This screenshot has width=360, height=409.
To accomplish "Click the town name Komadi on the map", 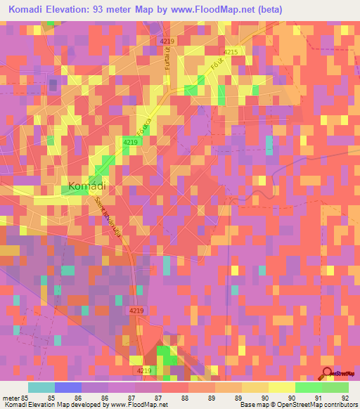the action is (88, 186).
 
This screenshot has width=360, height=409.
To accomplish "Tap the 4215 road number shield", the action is (231, 53).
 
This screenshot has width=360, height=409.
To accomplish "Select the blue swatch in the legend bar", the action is (67, 387).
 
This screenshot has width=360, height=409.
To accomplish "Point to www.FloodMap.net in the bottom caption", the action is (137, 405).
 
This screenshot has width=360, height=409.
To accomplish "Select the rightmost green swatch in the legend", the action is (335, 387).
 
